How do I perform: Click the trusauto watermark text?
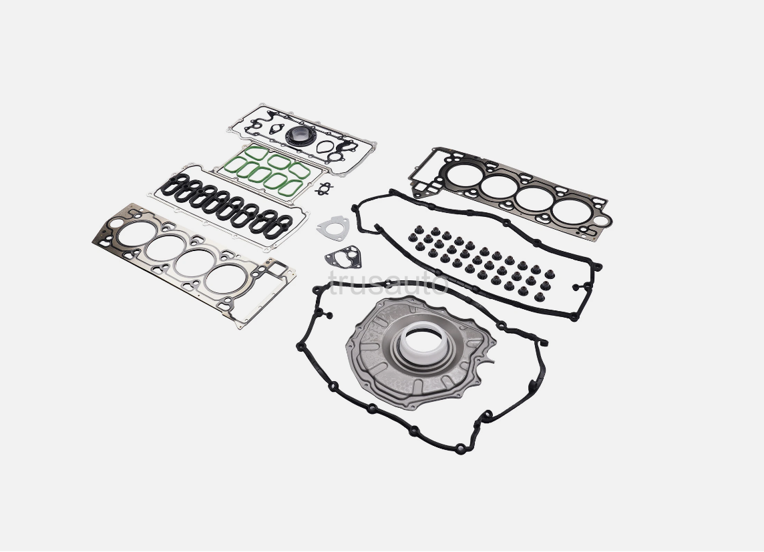tap(388, 283)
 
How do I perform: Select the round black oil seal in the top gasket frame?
tap(299, 135)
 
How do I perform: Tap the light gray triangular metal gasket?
tap(333, 228)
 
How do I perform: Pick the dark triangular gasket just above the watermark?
tap(343, 256)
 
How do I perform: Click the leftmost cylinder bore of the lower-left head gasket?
tap(137, 234)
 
